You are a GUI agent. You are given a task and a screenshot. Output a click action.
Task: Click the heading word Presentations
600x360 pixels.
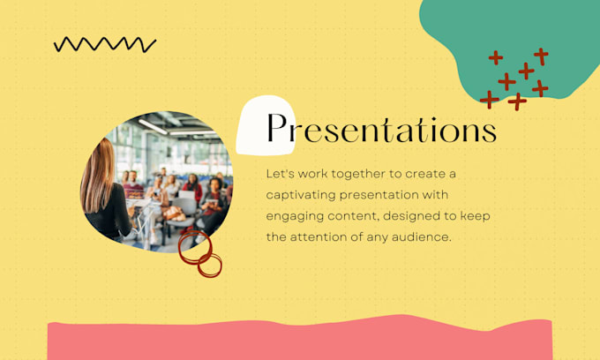(x=381, y=130)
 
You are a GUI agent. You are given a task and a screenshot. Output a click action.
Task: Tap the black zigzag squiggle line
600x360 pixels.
(x=104, y=43)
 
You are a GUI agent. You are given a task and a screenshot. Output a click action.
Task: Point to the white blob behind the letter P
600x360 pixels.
(x=256, y=115)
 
